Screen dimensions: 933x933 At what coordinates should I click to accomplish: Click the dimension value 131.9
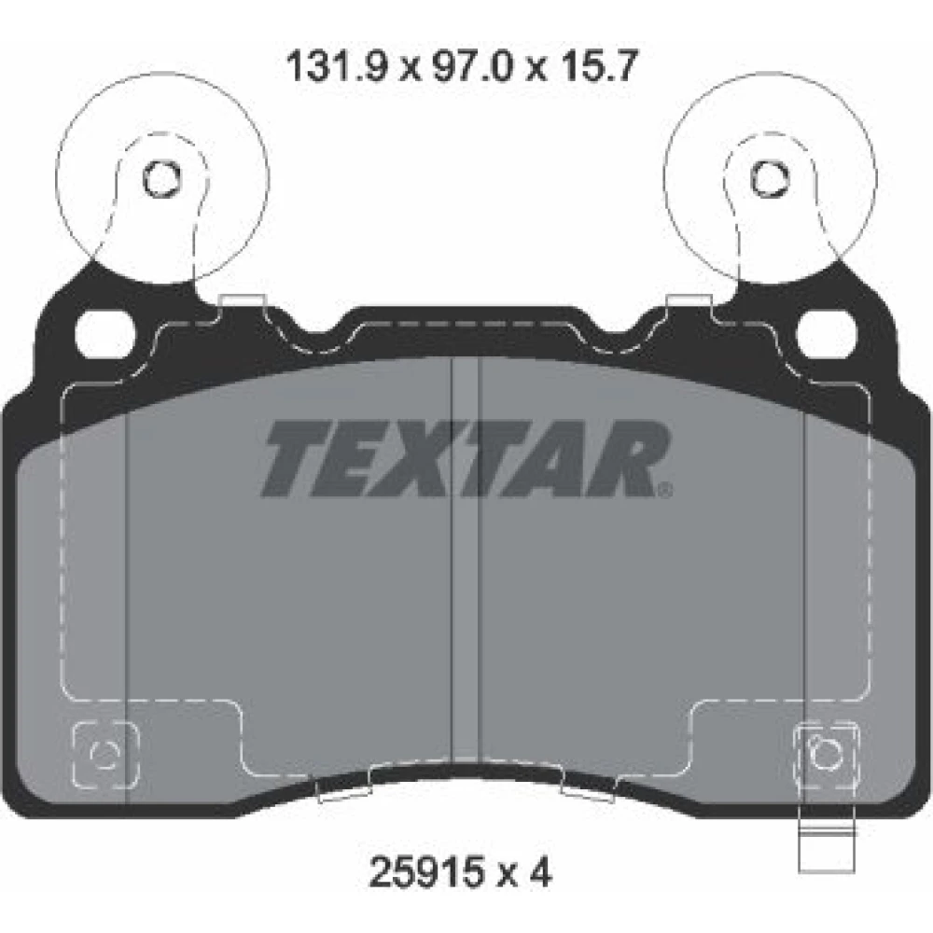pyautogui.click(x=338, y=65)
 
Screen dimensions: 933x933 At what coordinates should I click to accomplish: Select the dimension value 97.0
pyautogui.click(x=471, y=65)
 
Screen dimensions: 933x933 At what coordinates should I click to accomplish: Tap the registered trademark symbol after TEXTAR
pyautogui.click(x=664, y=489)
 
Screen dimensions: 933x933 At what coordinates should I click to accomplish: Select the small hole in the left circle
pyautogui.click(x=160, y=178)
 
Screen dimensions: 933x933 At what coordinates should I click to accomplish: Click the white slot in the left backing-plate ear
pyautogui.click(x=105, y=334)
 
